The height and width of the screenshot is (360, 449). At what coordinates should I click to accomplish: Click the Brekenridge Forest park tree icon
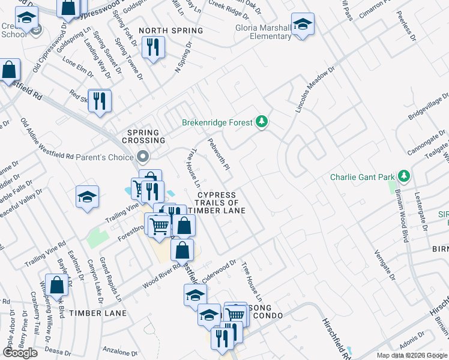262,122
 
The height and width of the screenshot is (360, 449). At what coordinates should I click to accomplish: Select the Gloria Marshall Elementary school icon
303,25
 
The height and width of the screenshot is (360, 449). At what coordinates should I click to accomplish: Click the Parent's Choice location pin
143,157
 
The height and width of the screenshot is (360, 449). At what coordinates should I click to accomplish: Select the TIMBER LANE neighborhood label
97,313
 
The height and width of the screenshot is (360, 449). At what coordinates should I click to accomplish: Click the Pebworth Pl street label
218,154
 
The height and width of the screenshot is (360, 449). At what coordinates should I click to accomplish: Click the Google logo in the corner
20,353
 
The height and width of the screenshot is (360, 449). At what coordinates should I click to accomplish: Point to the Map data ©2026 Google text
412,355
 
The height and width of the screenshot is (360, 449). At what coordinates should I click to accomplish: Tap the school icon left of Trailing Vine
87,197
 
